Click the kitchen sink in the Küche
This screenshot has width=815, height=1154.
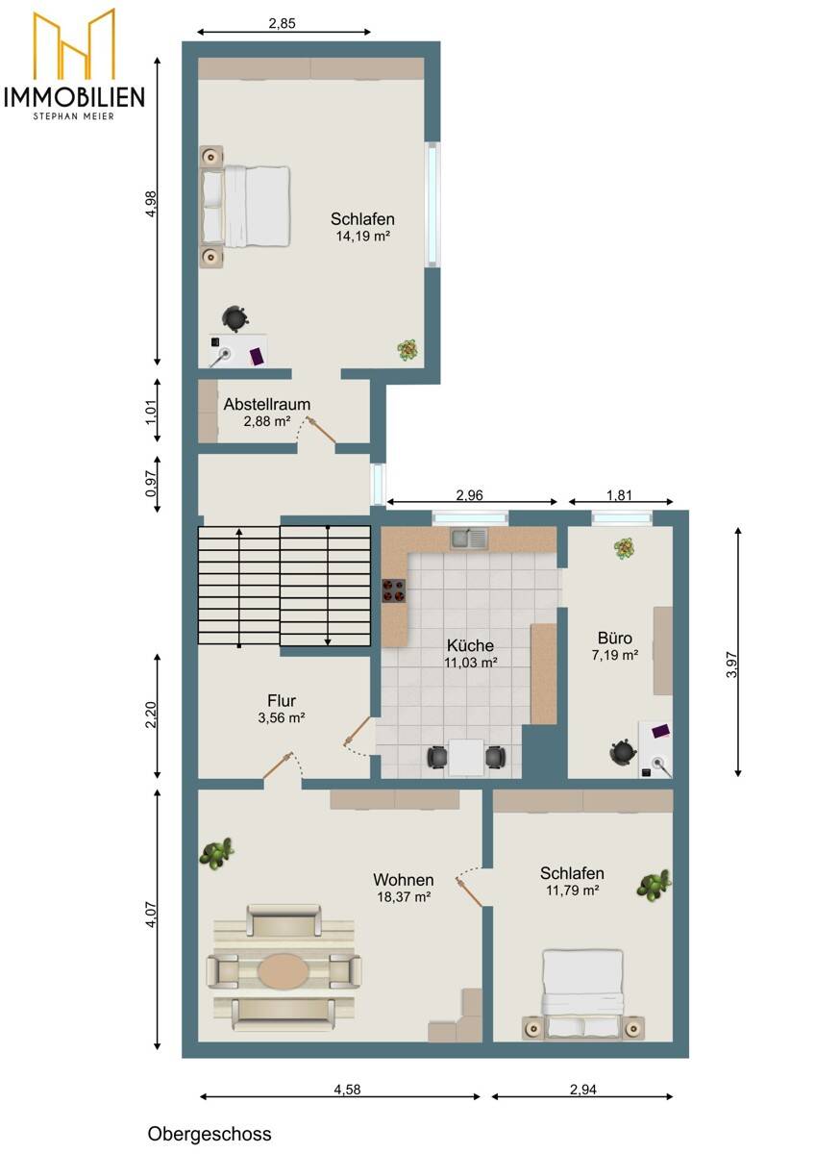coord(469,539)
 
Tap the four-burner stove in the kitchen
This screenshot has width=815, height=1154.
coord(393,590)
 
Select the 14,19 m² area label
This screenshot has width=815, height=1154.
coord(362,237)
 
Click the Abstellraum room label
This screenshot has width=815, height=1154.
coord(266,404)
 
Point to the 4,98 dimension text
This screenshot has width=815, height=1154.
coord(151,204)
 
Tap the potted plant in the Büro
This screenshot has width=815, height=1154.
coord(624,548)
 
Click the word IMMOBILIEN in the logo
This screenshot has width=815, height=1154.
coord(74,97)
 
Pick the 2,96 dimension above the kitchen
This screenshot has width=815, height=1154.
coord(470,495)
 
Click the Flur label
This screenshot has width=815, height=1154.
coord(282,701)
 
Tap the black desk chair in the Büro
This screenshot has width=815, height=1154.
coord(623,753)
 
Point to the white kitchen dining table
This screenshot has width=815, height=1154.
coord(466,758)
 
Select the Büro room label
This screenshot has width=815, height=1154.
coord(615,638)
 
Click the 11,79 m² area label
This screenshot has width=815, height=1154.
coord(572,890)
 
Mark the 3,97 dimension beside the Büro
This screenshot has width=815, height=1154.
coord(731,665)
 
